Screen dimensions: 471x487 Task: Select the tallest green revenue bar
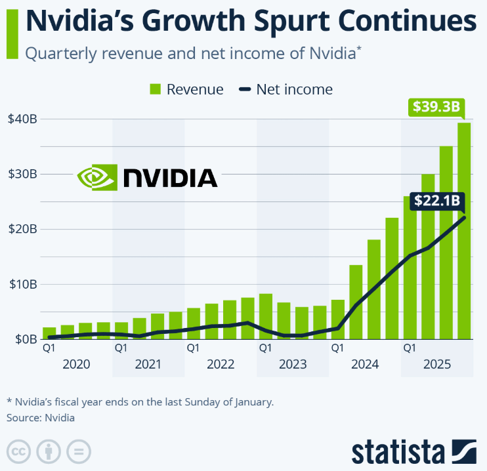pos(464,230)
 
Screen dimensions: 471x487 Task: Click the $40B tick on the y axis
pos(22,119)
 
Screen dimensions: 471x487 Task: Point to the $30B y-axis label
pos(22,174)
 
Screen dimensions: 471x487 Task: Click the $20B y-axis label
pos(22,229)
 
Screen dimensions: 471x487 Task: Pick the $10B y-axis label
pos(22,284)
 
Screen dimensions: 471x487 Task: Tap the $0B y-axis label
pos(24,339)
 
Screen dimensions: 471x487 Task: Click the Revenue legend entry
pos(186,89)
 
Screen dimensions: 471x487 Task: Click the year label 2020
pos(76,364)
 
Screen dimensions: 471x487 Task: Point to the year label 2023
pos(292,364)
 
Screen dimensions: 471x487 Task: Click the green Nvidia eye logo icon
pos(96,177)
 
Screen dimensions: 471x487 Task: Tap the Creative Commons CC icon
pos(20,452)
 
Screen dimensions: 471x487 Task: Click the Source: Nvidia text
pos(41,417)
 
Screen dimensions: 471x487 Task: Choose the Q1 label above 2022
pos(193,348)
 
